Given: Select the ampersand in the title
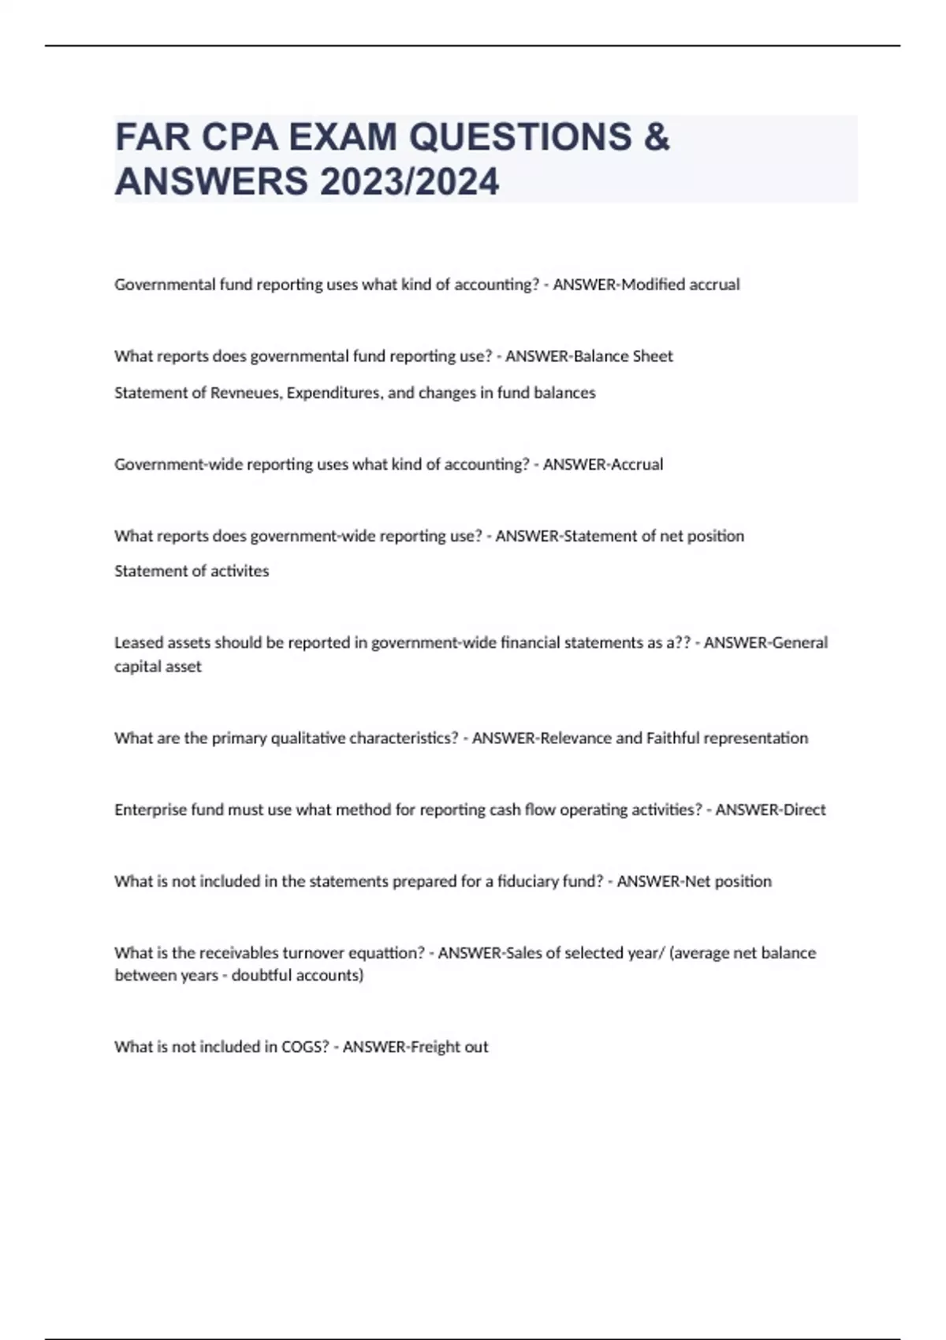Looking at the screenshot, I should [x=657, y=138].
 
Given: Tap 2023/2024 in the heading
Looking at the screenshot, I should [x=409, y=182].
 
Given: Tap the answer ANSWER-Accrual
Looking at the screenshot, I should [x=603, y=464].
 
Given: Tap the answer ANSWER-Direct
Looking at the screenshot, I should [x=770, y=810].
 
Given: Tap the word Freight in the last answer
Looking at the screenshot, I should [x=435, y=1047].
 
